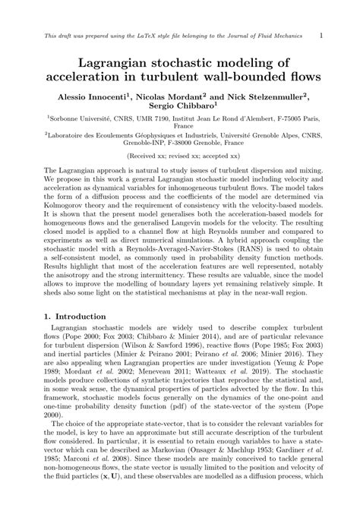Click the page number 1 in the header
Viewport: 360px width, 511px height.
pos(323,34)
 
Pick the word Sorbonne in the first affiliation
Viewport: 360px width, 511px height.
pos(67,120)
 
